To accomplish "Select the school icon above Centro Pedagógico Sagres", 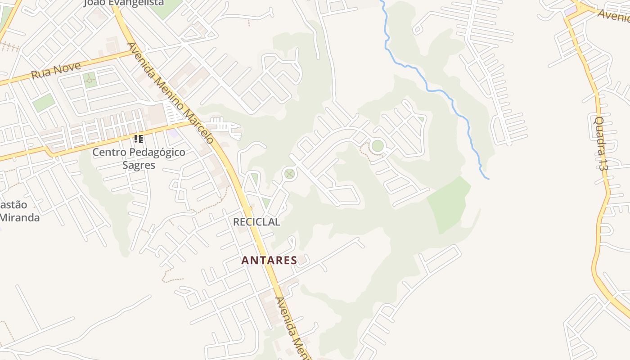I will tap(139, 139).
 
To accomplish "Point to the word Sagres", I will tap(139, 165).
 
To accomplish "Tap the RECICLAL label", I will tap(256, 222).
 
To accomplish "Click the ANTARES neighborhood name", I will tap(269, 260).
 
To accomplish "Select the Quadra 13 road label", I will tap(600, 143).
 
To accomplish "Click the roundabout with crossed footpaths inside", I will tap(289, 173).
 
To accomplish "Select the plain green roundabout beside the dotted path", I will tap(378, 145).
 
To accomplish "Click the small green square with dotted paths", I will tap(90, 80).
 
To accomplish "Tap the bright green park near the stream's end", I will tap(449, 204).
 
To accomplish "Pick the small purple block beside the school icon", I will tap(173, 133).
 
